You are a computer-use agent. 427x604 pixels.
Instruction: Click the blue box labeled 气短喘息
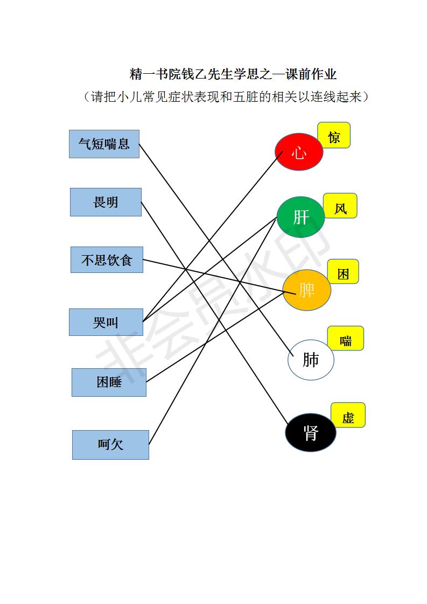click(x=104, y=144)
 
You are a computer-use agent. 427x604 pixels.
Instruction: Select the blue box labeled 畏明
click(x=106, y=202)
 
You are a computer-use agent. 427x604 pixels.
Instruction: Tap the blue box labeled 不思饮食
click(x=107, y=260)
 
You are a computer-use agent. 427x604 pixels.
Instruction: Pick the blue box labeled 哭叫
click(x=106, y=322)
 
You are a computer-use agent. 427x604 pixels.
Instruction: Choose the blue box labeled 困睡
click(x=109, y=383)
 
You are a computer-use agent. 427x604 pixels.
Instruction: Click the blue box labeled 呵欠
click(x=110, y=445)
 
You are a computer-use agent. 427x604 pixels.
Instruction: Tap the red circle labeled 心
click(x=299, y=152)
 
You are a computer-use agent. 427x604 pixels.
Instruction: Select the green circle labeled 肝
click(x=300, y=217)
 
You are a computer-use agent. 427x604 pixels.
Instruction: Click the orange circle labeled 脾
click(x=307, y=290)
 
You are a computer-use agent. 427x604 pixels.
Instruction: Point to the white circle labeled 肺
click(x=311, y=360)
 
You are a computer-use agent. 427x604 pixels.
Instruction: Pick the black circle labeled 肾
click(x=311, y=433)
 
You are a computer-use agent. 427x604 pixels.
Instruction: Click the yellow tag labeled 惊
click(x=334, y=135)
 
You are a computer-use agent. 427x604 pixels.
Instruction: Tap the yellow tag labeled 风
click(x=340, y=206)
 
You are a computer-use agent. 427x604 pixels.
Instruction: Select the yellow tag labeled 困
click(x=343, y=271)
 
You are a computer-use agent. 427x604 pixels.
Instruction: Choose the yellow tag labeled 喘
click(x=346, y=338)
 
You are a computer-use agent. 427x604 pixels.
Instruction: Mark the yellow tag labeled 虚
click(x=348, y=415)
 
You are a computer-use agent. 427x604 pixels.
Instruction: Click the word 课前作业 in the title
click(x=311, y=74)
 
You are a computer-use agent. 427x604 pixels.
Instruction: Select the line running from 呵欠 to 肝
click(x=213, y=331)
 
